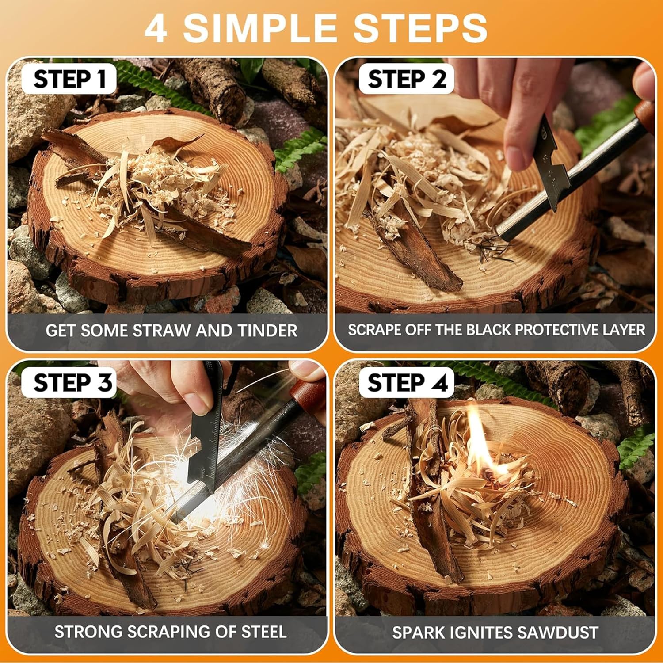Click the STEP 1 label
tap(70, 80)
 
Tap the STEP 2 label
tap(407, 80)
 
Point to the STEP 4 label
tap(408, 383)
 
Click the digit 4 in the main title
tap(156, 29)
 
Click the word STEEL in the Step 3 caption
tap(264, 632)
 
